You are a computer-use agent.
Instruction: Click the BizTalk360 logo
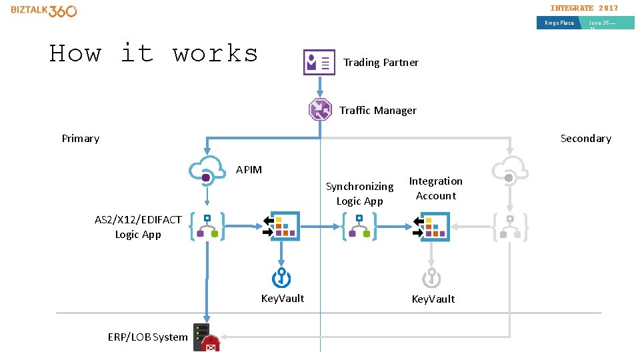tap(44, 11)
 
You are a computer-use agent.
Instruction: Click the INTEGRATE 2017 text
tap(584, 8)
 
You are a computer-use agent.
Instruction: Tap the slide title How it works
tap(154, 53)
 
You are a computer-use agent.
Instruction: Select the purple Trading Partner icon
tap(319, 62)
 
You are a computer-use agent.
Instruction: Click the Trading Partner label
tap(381, 63)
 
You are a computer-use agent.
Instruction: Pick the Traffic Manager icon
tap(320, 109)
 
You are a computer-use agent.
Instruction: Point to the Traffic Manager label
tap(378, 111)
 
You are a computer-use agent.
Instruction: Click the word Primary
tap(81, 139)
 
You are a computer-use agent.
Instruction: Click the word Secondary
tap(585, 139)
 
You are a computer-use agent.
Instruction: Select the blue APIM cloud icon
tap(207, 171)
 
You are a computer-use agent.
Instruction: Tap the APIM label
tap(249, 170)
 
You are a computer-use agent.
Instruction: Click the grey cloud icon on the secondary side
tap(510, 171)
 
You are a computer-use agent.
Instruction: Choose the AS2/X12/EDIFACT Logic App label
tap(138, 227)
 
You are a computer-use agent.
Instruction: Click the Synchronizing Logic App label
tap(359, 193)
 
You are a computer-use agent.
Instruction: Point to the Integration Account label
tap(435, 188)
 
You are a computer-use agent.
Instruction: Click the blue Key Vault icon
tap(281, 278)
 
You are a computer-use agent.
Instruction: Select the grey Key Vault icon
tap(431, 278)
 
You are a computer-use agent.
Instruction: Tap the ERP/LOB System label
tap(147, 337)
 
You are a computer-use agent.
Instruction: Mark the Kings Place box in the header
tap(559, 23)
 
